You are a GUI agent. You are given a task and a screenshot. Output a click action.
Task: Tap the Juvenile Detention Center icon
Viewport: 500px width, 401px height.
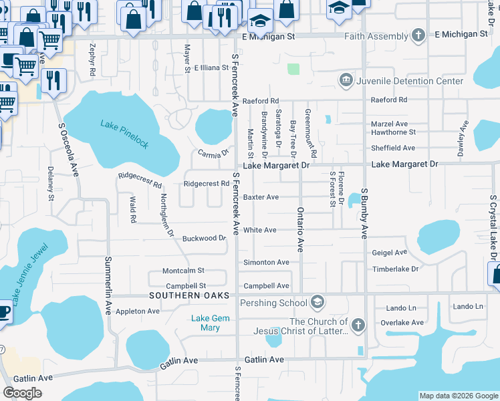[x=346, y=81]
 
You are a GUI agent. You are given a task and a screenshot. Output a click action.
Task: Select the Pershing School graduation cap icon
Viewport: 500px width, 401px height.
[x=318, y=303]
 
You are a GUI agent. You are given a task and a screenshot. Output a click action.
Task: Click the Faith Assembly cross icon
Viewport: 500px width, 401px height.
[x=418, y=35]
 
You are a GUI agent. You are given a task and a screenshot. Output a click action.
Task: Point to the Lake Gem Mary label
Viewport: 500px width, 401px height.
[x=210, y=323]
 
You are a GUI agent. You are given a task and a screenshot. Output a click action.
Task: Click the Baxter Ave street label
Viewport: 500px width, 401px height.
[x=261, y=197]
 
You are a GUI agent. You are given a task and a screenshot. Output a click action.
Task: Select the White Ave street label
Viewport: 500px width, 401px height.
[x=260, y=230]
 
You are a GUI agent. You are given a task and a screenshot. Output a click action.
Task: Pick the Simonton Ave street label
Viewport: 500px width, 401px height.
[x=266, y=263]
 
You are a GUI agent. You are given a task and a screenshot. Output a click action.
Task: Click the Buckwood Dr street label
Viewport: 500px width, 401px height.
[x=204, y=238]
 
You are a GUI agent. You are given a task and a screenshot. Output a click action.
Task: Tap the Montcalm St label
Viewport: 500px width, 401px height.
[x=183, y=271]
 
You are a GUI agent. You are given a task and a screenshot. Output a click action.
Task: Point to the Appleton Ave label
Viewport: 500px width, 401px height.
[x=138, y=311]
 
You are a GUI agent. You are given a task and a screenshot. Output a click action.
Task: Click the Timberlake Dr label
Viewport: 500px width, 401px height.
[x=395, y=269]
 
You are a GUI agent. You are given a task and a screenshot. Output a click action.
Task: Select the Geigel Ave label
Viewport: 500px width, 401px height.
[x=389, y=253]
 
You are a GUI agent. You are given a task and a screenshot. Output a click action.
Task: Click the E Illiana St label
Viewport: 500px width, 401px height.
[x=211, y=68]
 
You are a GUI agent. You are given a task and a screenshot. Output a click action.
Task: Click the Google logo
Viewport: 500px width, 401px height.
[x=23, y=393]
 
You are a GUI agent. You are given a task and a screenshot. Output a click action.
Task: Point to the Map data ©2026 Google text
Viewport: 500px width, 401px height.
[x=458, y=396]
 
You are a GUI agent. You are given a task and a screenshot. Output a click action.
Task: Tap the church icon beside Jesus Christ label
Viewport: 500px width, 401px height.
[x=358, y=325]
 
